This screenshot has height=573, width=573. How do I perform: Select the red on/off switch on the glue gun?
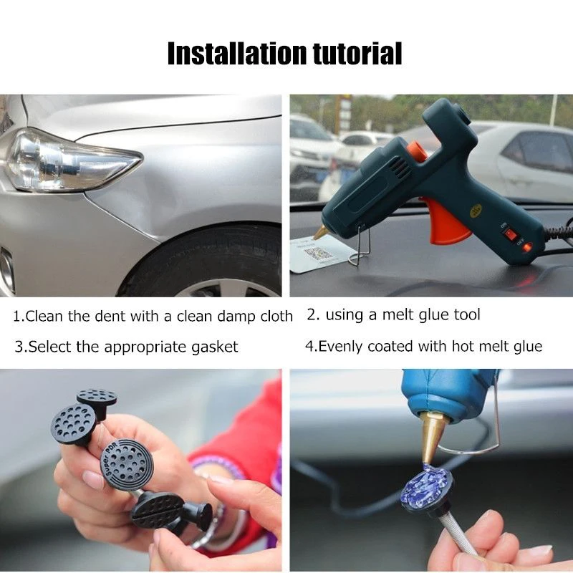(x=510, y=233)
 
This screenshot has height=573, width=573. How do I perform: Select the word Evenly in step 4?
(x=341, y=347)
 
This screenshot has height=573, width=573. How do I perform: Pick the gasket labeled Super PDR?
(x=126, y=463)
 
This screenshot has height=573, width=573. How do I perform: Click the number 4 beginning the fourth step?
(x=309, y=347)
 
